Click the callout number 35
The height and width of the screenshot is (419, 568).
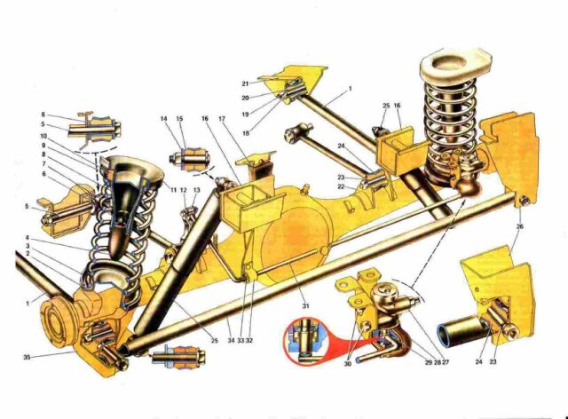[x=27, y=357]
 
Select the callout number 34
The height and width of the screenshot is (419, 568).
[x=231, y=340]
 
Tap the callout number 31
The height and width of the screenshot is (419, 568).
[x=305, y=306]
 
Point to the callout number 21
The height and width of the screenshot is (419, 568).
[x=245, y=83]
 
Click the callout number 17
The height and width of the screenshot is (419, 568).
[x=222, y=119]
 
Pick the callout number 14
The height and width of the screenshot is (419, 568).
[x=164, y=119]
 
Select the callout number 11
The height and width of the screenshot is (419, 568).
[x=174, y=190]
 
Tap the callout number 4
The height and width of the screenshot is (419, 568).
[x=28, y=238]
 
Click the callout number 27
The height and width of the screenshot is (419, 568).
[x=446, y=361]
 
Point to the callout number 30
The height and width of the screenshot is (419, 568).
[x=348, y=364]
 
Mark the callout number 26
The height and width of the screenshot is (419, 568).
[x=520, y=226]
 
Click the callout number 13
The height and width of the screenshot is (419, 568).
[x=197, y=190]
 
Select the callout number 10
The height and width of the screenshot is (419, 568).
[x=43, y=136]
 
